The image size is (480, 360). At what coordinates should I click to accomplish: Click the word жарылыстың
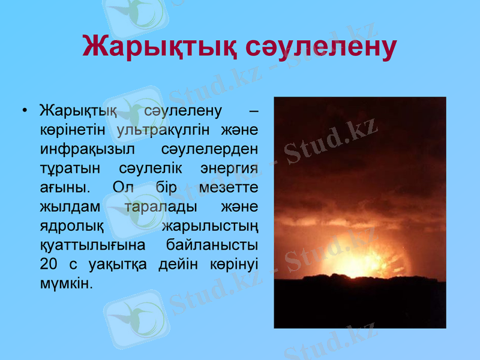point(211,226)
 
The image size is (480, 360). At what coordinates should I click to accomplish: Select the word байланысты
point(213,245)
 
